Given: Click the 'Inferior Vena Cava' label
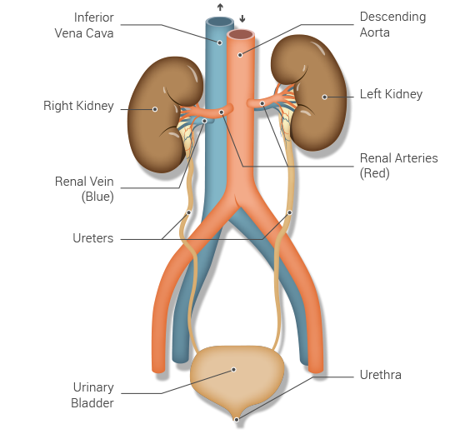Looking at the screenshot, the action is click(84, 25).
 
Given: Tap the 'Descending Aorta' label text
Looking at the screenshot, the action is click(392, 24).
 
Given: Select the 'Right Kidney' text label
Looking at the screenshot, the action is click(78, 106).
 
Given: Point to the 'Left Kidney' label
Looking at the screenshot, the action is click(391, 94).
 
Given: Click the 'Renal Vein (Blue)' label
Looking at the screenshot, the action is click(84, 189).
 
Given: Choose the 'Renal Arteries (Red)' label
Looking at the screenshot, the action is click(398, 166).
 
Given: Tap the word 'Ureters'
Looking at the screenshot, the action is click(93, 238).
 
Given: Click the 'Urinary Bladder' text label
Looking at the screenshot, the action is click(92, 395).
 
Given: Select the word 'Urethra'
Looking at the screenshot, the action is click(381, 375).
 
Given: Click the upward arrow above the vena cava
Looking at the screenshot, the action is click(220, 7).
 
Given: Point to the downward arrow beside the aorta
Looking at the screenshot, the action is click(242, 19).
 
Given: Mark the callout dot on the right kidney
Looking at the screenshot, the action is click(155, 109).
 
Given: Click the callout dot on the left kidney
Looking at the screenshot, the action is click(324, 97).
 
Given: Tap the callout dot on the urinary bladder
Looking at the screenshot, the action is click(233, 370).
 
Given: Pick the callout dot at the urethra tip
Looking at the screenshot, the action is click(237, 420).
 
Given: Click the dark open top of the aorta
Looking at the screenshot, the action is click(241, 34).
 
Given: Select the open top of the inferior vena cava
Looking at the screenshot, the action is click(220, 22).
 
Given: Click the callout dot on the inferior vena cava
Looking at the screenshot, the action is click(220, 42).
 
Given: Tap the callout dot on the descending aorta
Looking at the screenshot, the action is click(240, 55).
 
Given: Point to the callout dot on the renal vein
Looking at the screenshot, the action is click(204, 121).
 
